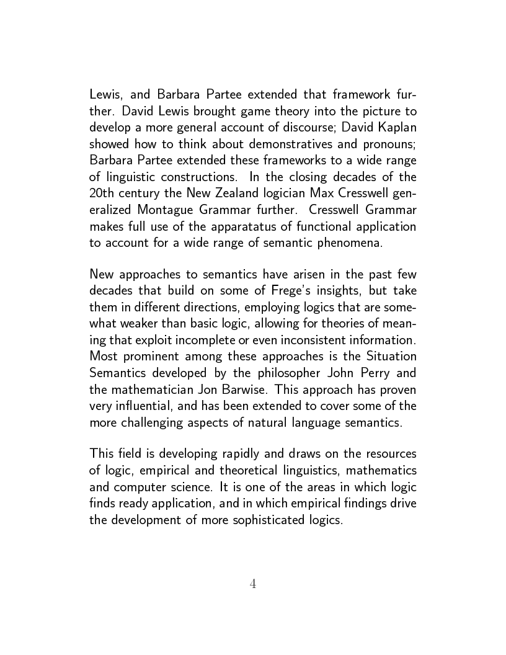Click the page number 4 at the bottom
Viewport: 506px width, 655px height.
point(252,584)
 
